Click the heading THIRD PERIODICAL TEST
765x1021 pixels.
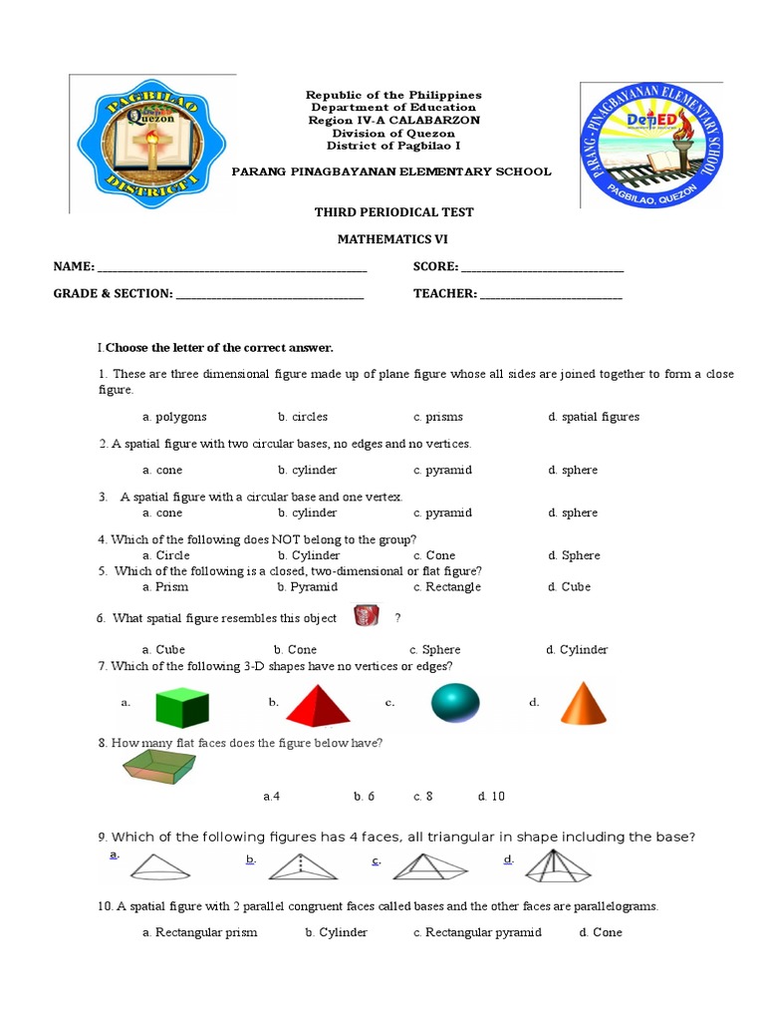393,212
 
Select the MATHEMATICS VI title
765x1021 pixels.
392,239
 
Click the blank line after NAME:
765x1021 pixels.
232,267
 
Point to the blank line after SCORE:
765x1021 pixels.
543,267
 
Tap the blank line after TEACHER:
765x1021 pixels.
551,294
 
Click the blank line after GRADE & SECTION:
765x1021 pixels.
269,294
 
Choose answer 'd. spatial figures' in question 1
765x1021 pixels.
593,417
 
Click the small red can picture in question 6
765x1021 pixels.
366,617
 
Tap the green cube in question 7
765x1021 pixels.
182,707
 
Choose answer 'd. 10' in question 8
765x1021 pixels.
491,797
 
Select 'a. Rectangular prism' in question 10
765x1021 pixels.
199,932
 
